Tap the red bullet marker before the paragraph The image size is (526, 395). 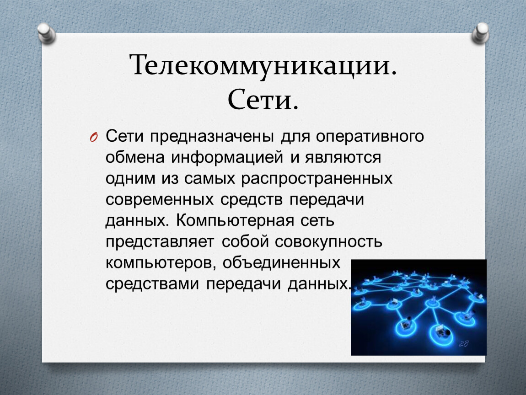94,138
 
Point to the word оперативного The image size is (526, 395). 370,137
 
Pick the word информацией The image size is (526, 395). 227,158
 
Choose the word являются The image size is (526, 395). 343,158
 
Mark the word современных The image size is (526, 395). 160,200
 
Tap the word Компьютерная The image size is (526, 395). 235,221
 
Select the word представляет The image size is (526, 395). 160,242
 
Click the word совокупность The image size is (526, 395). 328,242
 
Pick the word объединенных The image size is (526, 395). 281,263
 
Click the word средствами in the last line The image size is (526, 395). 152,284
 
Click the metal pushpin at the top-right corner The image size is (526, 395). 480,33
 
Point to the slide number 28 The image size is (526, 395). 464,343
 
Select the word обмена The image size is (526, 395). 135,158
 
